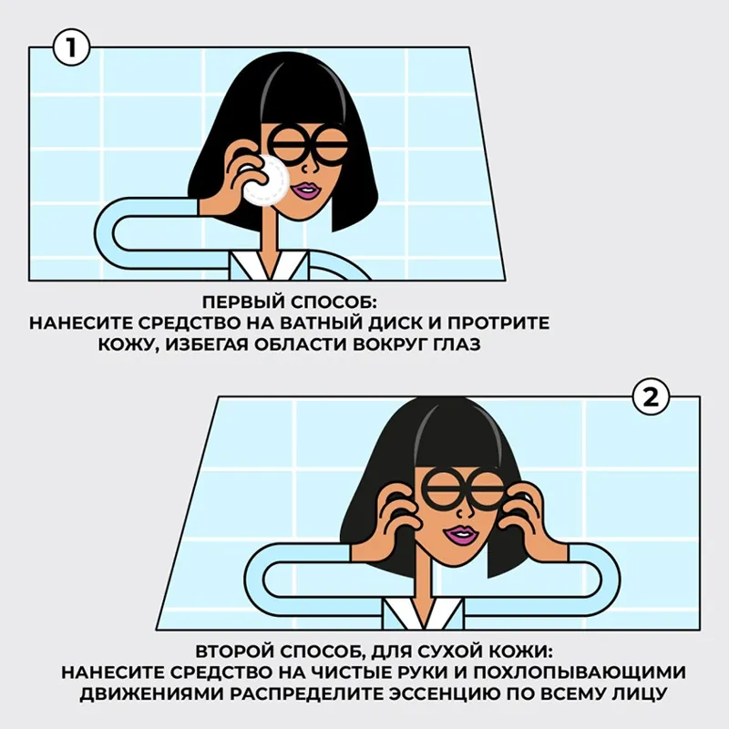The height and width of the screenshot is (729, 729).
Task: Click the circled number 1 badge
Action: [x=71, y=47]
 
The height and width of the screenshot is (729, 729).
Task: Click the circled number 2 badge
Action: [x=651, y=397]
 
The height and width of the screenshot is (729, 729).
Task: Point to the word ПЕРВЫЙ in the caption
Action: [x=244, y=303]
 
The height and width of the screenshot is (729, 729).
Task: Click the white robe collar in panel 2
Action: [x=424, y=614]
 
